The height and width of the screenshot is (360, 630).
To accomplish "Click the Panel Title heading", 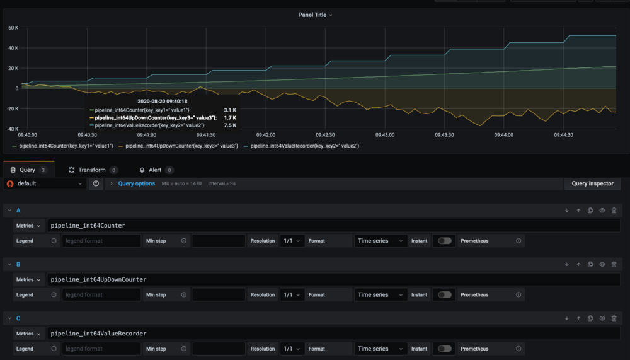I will [313, 15].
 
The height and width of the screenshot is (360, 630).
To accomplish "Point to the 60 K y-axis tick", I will [13, 28].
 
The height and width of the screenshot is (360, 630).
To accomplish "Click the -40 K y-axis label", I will [13, 129].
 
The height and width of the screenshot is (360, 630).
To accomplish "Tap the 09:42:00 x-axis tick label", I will [265, 135].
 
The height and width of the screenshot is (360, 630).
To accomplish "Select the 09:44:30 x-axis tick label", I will [563, 135].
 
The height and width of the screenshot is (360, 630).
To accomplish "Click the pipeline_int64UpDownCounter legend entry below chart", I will [181, 146].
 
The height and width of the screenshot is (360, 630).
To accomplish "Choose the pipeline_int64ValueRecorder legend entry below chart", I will [304, 146].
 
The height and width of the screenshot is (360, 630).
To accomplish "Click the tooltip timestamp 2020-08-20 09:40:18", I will [162, 101].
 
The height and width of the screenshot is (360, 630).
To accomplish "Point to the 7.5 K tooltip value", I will [230, 125].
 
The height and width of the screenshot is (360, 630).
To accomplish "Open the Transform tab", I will [91, 170].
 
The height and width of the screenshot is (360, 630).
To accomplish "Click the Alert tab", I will [154, 170].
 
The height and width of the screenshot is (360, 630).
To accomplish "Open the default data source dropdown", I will [45, 183].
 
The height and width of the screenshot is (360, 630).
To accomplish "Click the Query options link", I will [136, 183].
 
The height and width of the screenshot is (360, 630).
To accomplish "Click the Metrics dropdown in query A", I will [29, 226].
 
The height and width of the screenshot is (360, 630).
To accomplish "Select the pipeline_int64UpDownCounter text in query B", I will [98, 279].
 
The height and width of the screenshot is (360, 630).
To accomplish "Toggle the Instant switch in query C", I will [445, 349].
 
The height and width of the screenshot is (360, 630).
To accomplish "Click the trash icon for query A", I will [614, 211].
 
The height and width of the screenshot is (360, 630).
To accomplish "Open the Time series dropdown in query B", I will [381, 295].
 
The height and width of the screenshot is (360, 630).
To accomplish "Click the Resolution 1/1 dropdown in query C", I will [292, 349].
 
